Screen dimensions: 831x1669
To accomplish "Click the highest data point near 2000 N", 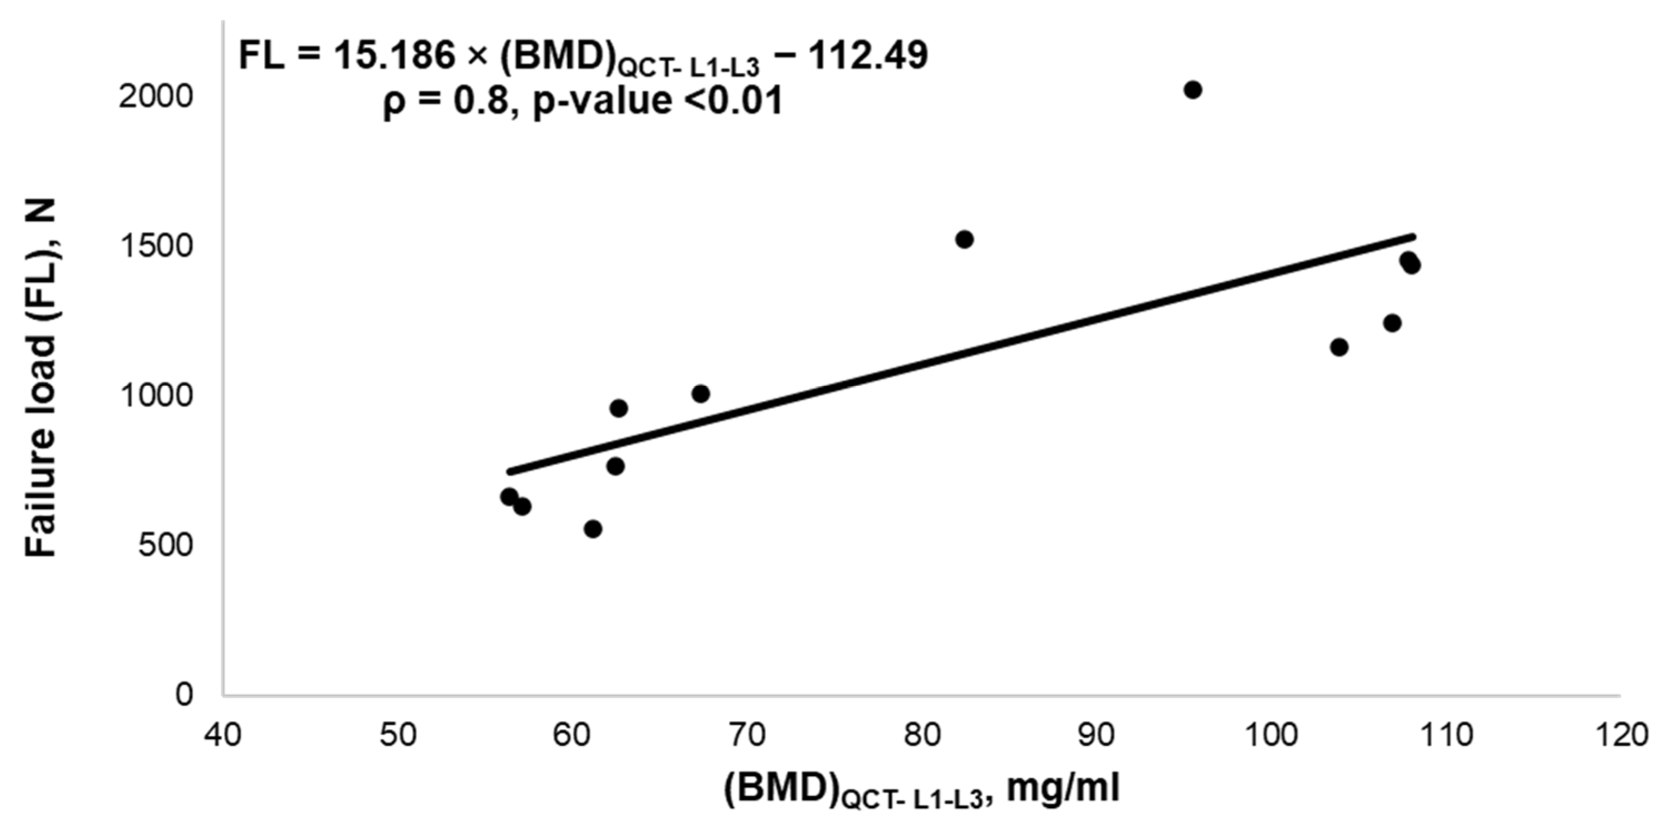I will (1193, 90).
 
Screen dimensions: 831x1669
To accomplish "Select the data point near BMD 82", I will (964, 239).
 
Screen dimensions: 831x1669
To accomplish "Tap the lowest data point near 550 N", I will (593, 529).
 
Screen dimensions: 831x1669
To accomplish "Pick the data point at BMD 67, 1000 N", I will (701, 393).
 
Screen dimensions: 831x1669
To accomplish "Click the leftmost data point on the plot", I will (509, 496).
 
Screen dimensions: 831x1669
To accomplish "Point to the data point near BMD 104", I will (1339, 347).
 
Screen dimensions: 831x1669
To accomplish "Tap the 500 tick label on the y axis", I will (165, 545).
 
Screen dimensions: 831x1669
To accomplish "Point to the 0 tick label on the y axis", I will (184, 694).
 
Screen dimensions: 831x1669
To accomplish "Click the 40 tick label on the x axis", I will (223, 735).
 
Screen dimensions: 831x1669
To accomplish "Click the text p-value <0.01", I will (658, 102).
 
